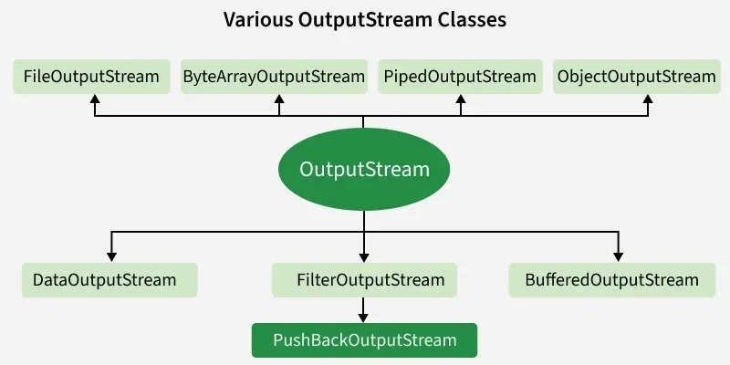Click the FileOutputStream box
click(x=91, y=77)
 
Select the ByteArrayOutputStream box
click(x=274, y=77)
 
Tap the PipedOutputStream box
click(x=461, y=77)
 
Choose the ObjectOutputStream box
click(x=637, y=77)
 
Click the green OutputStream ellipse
click(x=364, y=170)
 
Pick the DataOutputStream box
click(x=109, y=279)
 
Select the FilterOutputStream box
click(x=364, y=279)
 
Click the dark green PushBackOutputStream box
click(x=364, y=340)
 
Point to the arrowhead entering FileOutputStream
click(x=94, y=99)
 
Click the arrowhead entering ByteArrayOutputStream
click(x=280, y=99)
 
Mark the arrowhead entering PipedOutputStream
click(x=461, y=99)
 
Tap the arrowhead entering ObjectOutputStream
click(x=648, y=99)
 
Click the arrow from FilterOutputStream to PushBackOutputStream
click(x=364, y=310)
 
